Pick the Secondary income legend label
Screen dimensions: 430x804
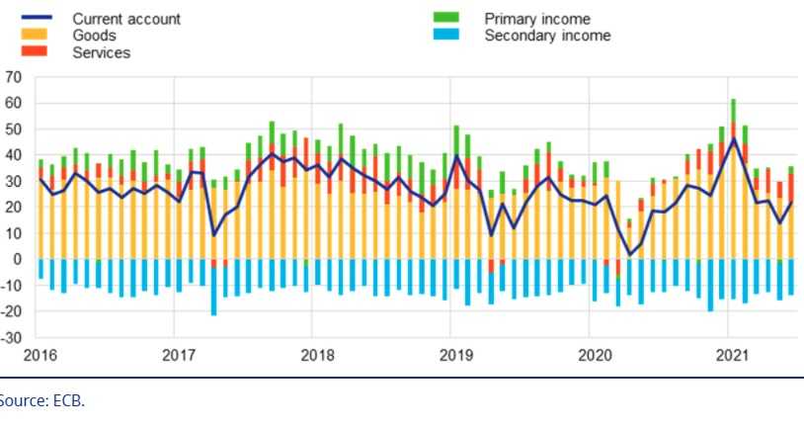(546, 37)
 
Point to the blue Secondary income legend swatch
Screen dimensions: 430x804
(446, 37)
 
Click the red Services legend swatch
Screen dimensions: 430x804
(34, 52)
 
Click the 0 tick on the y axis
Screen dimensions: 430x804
(17, 260)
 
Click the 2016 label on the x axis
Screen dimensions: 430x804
(39, 355)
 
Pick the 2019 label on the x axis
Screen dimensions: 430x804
(453, 355)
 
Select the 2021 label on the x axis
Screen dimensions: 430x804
(729, 355)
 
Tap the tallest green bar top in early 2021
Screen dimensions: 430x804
(733, 100)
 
